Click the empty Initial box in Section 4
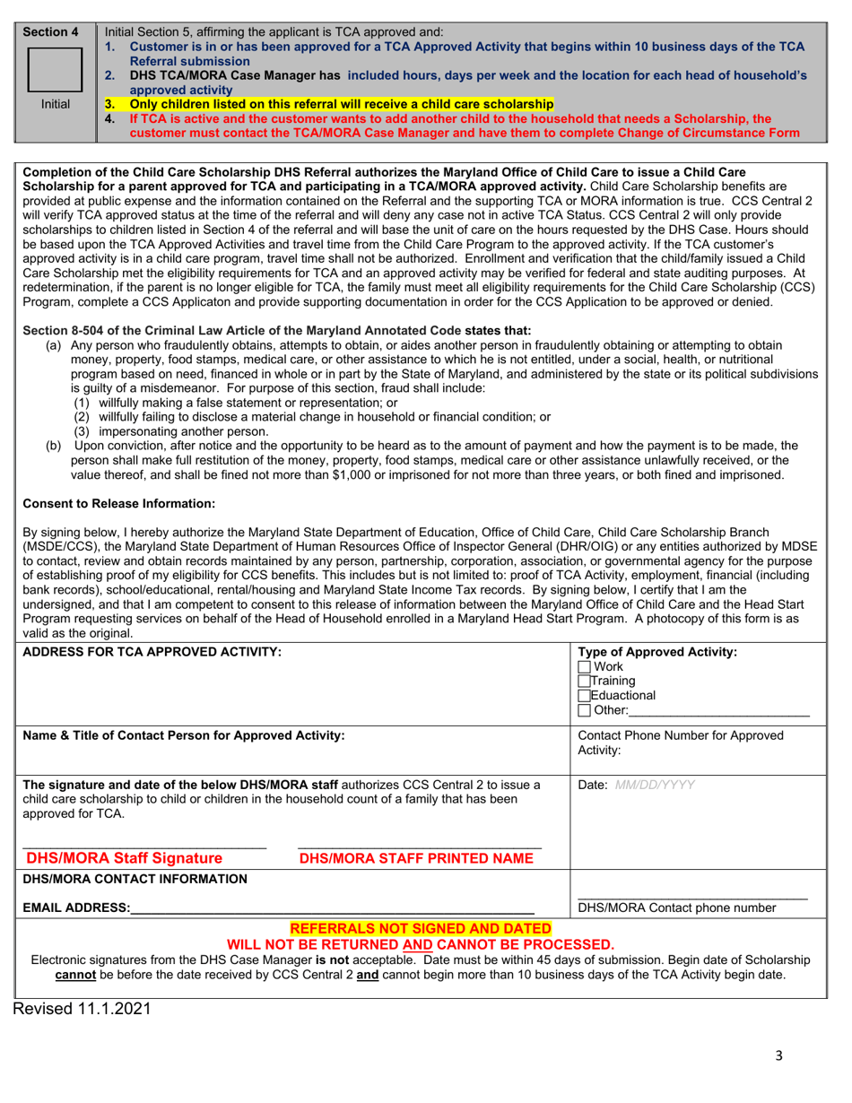point(56,70)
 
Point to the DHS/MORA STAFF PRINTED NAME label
point(416,858)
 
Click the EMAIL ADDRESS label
point(76,908)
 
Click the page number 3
point(778,1055)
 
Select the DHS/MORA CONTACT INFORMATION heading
point(135,879)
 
